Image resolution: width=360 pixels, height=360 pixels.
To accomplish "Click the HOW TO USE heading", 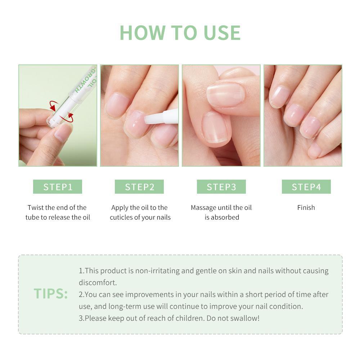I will [180, 33].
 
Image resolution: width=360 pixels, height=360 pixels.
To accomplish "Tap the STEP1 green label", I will [58, 187].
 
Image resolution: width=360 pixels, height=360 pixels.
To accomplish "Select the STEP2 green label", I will [139, 187].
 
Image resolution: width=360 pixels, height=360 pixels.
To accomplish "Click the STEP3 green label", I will [221, 187].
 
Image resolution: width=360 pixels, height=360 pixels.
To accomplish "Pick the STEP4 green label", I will [306, 187].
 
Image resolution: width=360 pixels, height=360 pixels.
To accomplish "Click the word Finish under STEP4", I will [306, 208].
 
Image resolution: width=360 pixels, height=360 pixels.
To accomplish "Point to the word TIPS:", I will [51, 294].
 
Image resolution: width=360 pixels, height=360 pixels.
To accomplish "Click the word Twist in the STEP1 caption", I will [35, 208].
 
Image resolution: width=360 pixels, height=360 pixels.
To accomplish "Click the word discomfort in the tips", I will [98, 283].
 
